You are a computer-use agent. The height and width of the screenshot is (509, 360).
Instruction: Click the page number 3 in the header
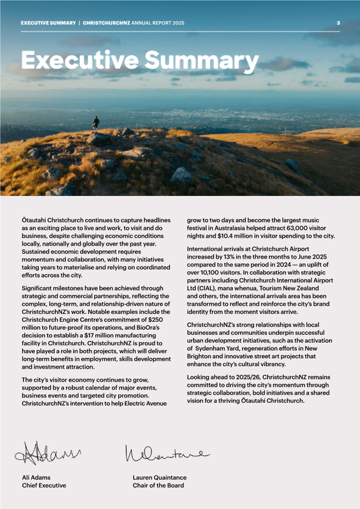click(338, 23)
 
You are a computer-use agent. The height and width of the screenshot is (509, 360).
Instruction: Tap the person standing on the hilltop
click(96, 123)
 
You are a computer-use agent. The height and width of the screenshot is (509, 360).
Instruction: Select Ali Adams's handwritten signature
click(49, 453)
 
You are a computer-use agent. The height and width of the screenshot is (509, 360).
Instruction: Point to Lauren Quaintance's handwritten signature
click(166, 454)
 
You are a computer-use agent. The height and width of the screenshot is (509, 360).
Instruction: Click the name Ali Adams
click(36, 478)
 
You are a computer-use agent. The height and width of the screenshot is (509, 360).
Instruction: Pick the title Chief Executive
click(44, 486)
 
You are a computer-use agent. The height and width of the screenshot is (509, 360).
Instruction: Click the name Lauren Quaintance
click(159, 478)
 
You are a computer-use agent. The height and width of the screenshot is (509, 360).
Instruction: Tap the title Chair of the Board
click(158, 486)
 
